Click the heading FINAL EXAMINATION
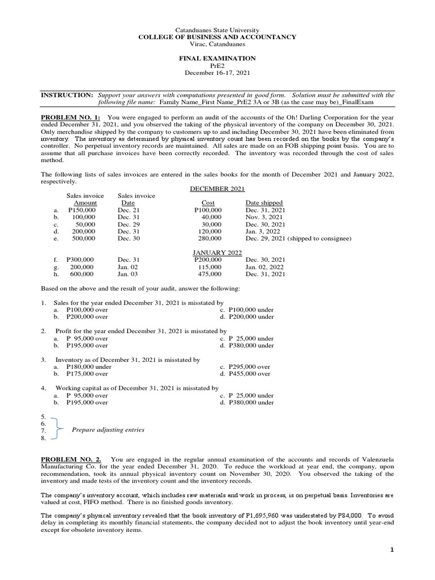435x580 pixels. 217,58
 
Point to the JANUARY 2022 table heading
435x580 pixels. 217,253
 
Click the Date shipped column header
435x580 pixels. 264,203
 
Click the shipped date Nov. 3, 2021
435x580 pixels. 264,217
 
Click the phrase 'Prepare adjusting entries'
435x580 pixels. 108,430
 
